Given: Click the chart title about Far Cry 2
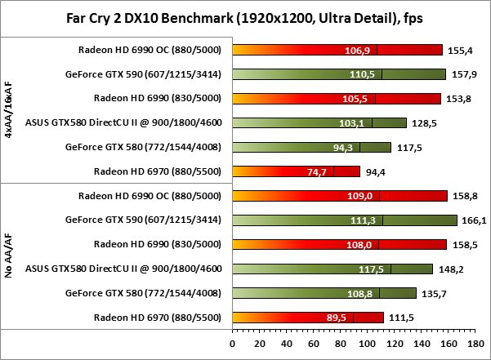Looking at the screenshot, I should (x=246, y=18).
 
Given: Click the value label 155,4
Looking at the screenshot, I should (x=460, y=50).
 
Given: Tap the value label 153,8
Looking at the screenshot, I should (x=458, y=98).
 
